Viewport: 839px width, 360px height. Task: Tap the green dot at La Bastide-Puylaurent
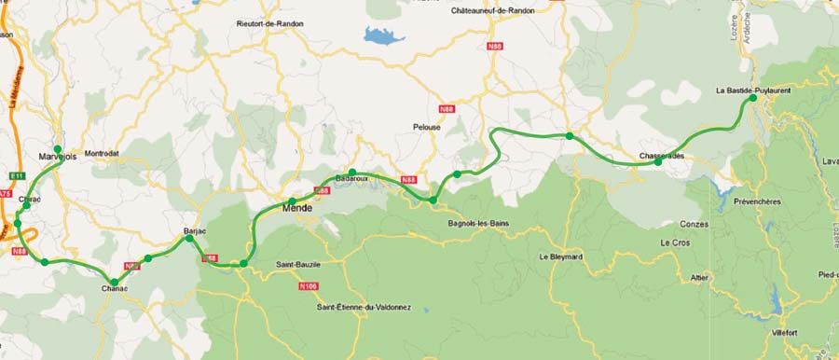tap(753, 97)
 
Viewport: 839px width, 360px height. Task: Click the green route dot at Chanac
tap(115, 282)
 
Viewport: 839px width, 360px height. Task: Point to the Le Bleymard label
tap(561, 256)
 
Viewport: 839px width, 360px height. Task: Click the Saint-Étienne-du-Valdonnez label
tap(370, 307)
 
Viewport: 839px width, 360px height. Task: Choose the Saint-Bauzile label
tap(297, 265)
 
